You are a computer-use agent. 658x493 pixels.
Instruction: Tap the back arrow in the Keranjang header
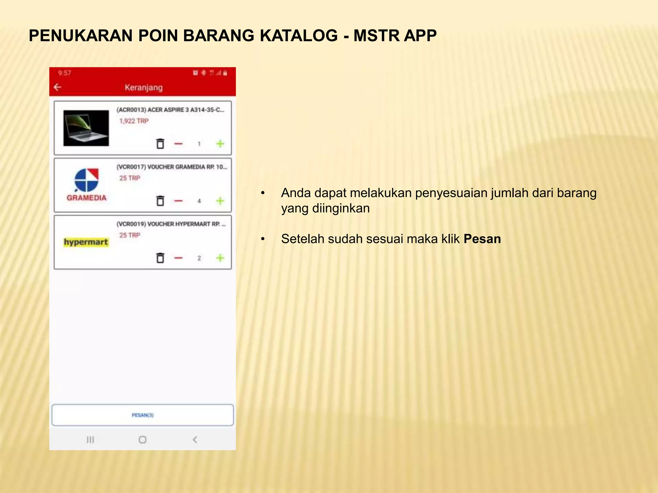pos(58,87)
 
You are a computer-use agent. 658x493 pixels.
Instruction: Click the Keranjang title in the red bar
pos(144,88)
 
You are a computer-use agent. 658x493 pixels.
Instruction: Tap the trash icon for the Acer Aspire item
pos(160,144)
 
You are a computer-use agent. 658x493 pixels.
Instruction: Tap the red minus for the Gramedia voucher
pos(178,201)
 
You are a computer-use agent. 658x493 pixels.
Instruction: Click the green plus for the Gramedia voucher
pos(220,201)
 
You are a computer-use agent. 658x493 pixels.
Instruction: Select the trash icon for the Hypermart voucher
pos(160,258)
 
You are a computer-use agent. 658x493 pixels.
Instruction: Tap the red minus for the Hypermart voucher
pos(178,258)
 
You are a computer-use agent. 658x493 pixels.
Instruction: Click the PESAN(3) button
pos(143,415)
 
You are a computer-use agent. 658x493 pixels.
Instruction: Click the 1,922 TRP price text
pos(134,121)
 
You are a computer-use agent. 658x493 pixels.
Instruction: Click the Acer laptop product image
pos(86,128)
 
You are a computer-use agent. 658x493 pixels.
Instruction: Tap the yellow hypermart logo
pos(86,242)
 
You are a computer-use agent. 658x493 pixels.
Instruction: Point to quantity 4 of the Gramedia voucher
pos(199,201)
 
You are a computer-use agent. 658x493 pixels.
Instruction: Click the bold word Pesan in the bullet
pos(482,239)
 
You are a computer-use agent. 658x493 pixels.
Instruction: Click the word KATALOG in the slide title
pos(298,35)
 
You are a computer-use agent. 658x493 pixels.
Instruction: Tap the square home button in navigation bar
pos(142,439)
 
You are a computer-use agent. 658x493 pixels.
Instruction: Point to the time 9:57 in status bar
pos(65,73)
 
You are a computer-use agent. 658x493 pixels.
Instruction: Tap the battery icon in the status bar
pos(225,73)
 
